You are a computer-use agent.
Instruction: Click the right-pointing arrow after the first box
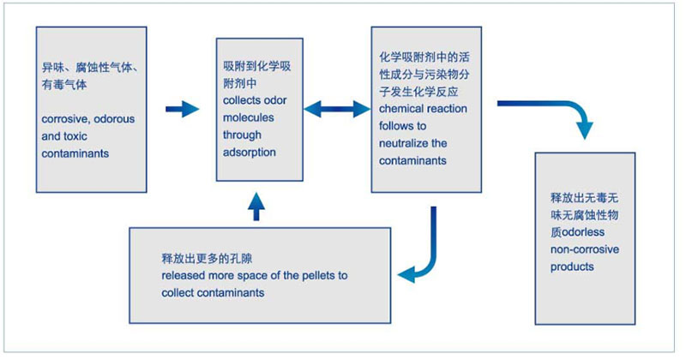182,109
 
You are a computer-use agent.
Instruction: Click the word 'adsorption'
250,153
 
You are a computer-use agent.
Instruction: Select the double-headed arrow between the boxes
335,109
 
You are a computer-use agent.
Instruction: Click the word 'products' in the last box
572,266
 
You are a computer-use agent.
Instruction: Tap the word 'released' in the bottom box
181,275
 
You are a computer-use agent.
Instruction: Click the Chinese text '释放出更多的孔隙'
202,258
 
